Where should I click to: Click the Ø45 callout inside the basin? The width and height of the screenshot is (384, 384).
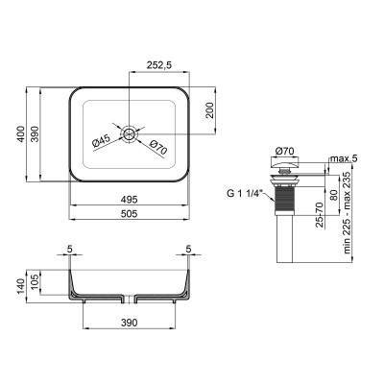(102, 141)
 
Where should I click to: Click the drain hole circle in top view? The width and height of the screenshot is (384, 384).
(129, 132)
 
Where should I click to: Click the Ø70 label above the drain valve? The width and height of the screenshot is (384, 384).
(285, 151)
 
